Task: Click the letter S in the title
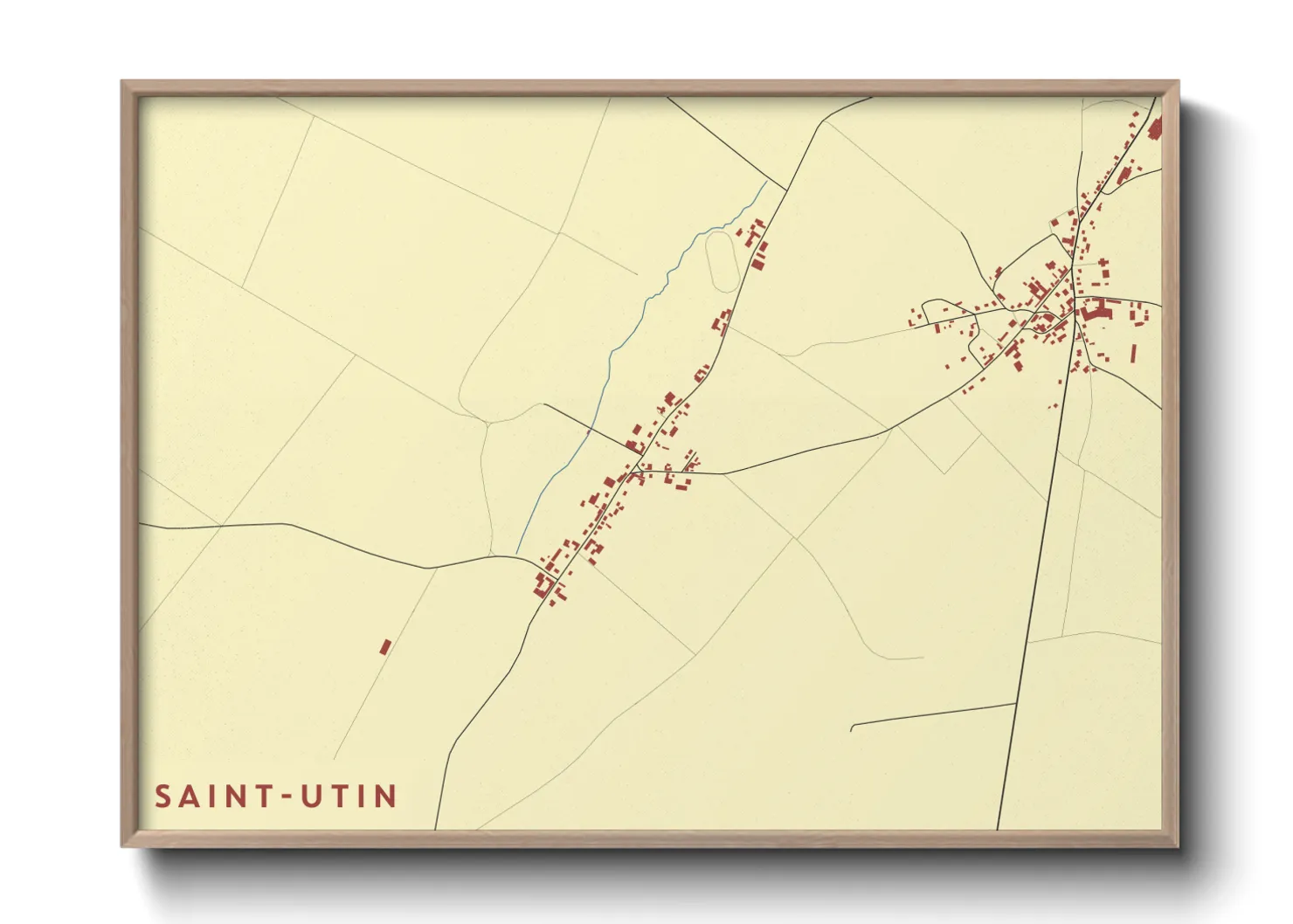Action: [x=163, y=796]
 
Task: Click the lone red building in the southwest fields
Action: [x=385, y=647]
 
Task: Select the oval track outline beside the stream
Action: [x=721, y=259]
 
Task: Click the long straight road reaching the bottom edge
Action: [x=1031, y=611]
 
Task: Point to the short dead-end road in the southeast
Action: [x=926, y=714]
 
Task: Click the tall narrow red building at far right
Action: [x=1134, y=353]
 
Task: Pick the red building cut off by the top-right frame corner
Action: [x=1155, y=129]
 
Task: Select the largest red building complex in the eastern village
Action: [x=1097, y=307]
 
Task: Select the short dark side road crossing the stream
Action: [x=585, y=425]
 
